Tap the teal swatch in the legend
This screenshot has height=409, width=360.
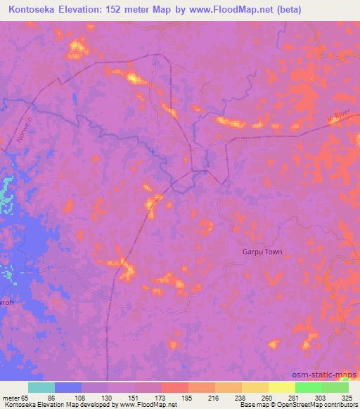click(x=41, y=387)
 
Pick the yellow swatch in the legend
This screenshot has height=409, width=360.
click(x=281, y=387)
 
